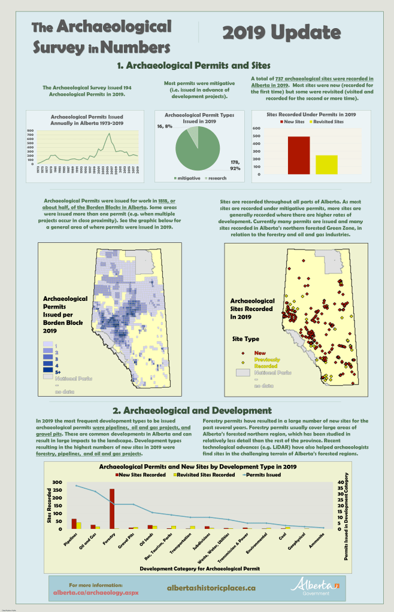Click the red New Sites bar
click(299, 154)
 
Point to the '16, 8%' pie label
click(164, 126)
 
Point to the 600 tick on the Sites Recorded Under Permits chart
click(256, 128)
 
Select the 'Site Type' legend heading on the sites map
click(245, 339)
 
